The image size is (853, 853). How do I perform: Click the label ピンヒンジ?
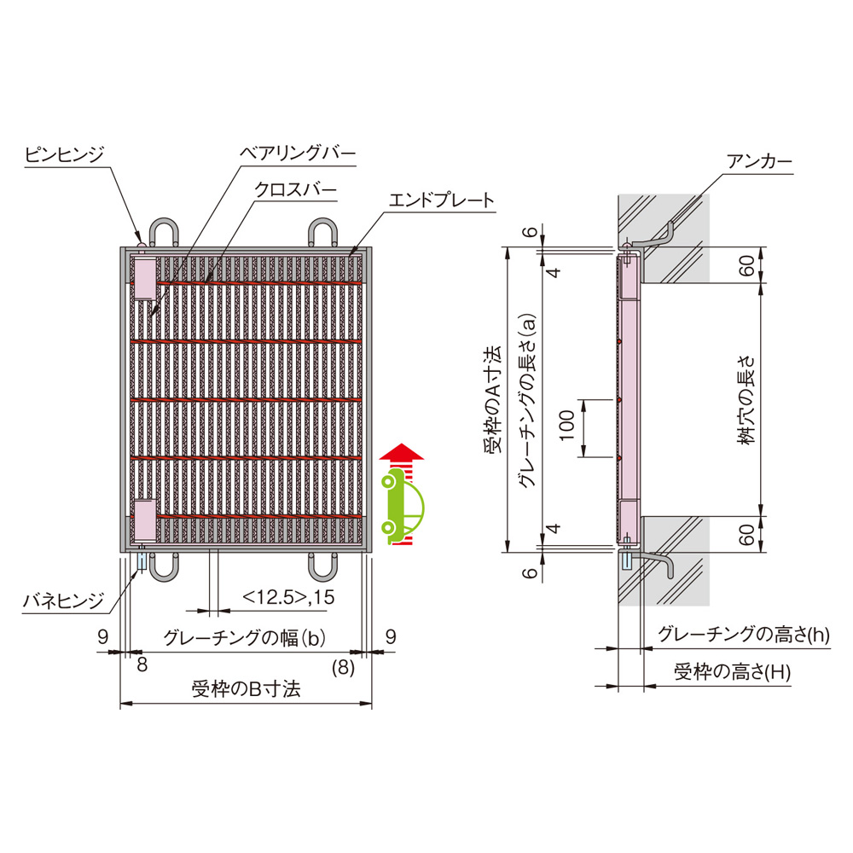[64, 155]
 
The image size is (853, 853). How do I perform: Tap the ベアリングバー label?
[298, 153]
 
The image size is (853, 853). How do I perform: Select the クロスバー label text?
[295, 190]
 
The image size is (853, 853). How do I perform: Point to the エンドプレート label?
[441, 200]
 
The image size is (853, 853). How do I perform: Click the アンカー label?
[759, 161]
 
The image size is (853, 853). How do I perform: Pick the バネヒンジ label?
[63, 601]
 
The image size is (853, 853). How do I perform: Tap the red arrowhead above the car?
[402, 451]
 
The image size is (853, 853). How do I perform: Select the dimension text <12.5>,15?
[288, 597]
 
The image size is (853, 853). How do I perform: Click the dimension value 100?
[567, 426]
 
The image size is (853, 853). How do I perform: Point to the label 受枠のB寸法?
[246, 689]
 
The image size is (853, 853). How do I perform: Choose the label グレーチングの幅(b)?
[245, 637]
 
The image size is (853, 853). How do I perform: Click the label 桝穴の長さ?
[747, 401]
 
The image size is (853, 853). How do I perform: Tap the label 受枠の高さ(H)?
[732, 672]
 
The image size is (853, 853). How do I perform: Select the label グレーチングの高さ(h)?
[744, 634]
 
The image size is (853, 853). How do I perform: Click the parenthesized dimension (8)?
[343, 667]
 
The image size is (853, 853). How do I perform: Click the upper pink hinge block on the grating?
[145, 279]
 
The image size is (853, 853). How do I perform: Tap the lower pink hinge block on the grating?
[145, 521]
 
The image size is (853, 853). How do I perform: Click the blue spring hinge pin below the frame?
[142, 561]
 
